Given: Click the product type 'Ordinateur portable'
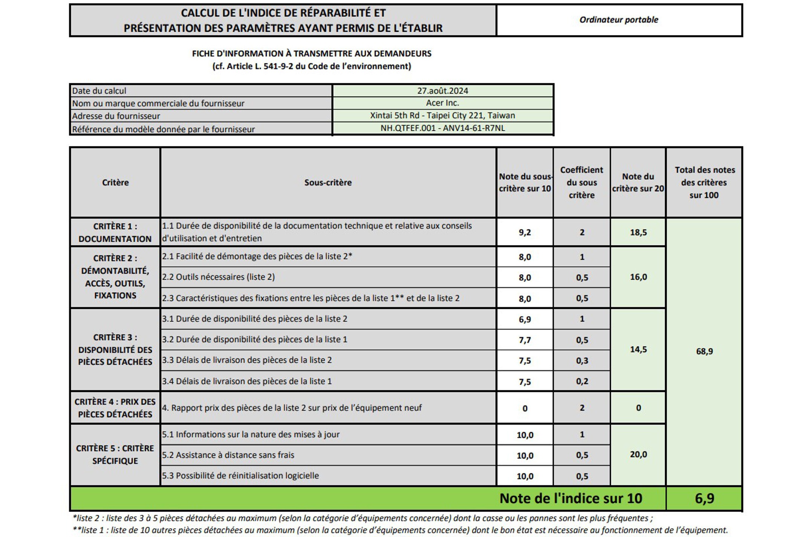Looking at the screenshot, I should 618,20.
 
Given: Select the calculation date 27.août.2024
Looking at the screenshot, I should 442,91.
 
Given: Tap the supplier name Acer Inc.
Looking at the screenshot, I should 442,103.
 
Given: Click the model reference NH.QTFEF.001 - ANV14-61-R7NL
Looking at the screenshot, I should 442,128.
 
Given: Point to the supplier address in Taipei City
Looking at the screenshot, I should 442,115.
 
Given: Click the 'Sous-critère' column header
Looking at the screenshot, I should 328,183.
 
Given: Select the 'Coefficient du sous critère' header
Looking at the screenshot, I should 582,183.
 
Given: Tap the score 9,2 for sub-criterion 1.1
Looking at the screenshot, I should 525,232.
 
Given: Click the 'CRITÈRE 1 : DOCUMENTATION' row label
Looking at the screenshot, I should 115,232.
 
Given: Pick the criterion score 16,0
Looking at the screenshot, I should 638,277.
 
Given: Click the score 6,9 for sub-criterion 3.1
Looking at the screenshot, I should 525,319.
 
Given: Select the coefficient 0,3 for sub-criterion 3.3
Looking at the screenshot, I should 582,361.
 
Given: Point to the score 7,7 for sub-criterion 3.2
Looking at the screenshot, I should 525,340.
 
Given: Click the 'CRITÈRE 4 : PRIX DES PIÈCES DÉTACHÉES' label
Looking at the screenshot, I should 115,408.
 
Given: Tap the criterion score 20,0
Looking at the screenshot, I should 638,454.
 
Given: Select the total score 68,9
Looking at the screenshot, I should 704,351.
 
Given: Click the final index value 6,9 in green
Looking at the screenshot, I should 704,499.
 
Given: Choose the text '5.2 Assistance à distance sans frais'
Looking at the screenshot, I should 228,455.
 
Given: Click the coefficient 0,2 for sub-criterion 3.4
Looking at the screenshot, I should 582,381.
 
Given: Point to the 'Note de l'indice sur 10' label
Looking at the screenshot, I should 571,499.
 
